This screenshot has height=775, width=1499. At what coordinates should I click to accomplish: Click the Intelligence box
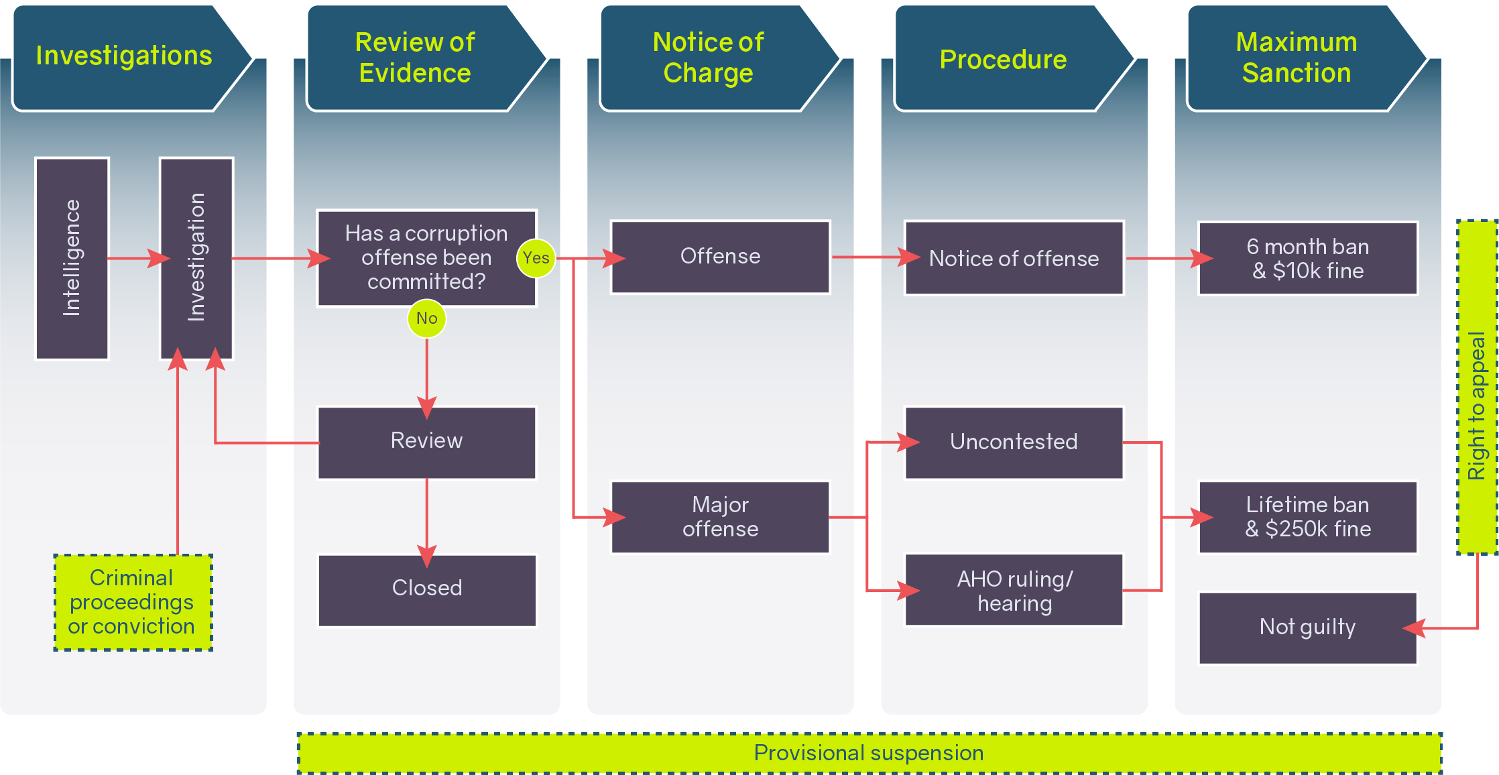tap(72, 258)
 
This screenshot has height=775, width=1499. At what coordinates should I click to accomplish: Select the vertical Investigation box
tap(196, 258)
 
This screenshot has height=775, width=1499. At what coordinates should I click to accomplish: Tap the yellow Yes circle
tap(536, 258)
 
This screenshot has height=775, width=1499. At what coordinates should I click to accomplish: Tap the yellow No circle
tap(426, 318)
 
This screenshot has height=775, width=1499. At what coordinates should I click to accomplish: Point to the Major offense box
tap(720, 517)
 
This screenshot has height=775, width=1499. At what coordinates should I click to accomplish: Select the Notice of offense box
tap(1014, 258)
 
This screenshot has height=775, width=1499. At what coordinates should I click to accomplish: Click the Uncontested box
tap(1014, 442)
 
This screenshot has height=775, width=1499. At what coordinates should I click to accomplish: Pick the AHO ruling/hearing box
tap(1014, 590)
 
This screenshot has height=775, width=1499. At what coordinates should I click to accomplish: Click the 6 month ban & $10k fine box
tap(1307, 258)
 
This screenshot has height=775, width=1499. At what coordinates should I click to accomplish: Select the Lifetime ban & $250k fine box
tap(1307, 517)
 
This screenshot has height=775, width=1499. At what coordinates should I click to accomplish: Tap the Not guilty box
tap(1307, 628)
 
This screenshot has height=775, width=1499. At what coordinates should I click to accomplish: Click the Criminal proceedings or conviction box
tap(133, 602)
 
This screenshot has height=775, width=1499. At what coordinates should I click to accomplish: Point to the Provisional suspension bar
tap(869, 753)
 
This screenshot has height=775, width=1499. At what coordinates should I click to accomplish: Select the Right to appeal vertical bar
tap(1477, 387)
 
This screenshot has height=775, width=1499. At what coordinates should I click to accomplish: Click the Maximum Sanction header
tap(1297, 58)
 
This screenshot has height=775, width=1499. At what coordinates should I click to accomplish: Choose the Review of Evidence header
tap(415, 58)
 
